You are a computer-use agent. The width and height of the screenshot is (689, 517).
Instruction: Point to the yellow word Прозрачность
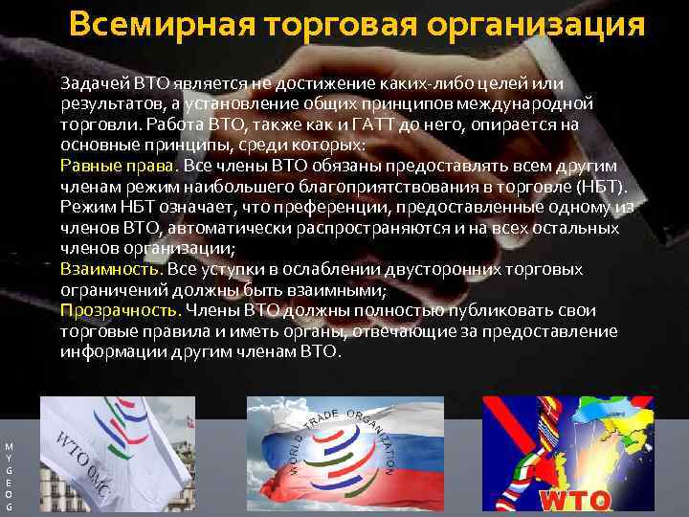120,310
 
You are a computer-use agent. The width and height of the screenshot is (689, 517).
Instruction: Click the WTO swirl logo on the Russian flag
345,453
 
